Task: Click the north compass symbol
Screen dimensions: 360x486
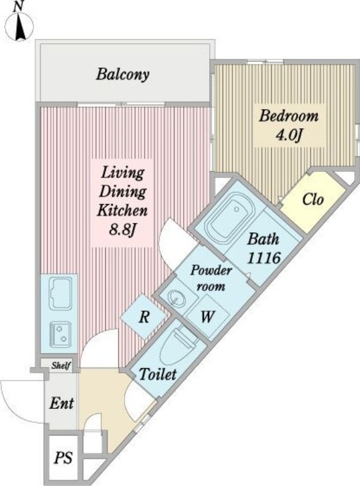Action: tap(19, 24)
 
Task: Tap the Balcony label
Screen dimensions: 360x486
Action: tap(123, 75)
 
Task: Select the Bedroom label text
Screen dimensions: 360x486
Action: tap(289, 116)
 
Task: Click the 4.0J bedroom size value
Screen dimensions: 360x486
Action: tap(289, 135)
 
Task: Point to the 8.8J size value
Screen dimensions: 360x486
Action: tap(123, 230)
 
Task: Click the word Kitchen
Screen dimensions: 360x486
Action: tap(122, 211)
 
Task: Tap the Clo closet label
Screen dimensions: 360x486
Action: tap(313, 200)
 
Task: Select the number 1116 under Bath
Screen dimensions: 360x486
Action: tap(264, 258)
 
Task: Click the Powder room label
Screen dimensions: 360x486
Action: tap(211, 278)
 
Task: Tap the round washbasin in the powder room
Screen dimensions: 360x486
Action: tap(177, 298)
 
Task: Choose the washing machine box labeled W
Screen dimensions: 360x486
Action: tap(207, 317)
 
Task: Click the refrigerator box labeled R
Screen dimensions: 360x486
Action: tap(144, 317)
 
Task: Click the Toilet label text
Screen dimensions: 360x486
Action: tap(157, 374)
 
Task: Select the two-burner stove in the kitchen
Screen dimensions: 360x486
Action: tap(60, 335)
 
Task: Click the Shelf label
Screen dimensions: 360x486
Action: tap(61, 366)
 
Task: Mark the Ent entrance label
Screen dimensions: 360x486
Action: tap(61, 403)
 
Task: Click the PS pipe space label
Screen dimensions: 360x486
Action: tap(63, 457)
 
